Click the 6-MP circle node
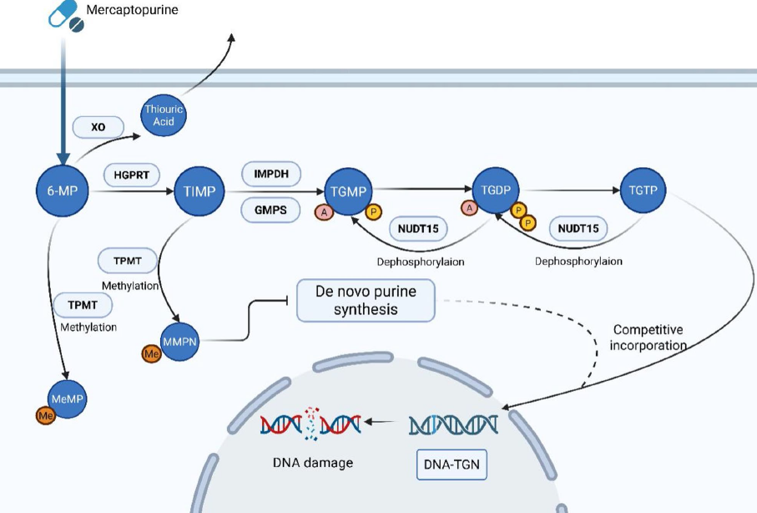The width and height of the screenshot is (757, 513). [x=63, y=190]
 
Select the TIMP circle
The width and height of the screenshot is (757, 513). [x=199, y=191]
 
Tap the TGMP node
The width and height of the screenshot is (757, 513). [x=348, y=191]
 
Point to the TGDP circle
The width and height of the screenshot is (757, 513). [x=495, y=190]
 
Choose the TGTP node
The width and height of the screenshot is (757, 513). [x=643, y=190]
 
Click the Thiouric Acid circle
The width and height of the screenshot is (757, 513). [x=164, y=115]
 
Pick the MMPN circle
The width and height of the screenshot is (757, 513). [x=179, y=342]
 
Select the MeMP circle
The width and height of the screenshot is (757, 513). [x=68, y=399]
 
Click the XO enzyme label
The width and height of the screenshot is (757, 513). [x=98, y=127]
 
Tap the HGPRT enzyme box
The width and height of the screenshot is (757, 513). [x=131, y=175]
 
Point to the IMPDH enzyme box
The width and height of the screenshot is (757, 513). [x=271, y=174]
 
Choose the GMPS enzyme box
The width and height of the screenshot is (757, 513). [x=270, y=210]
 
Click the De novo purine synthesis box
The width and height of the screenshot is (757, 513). [x=366, y=300]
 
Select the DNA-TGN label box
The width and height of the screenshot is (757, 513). [x=452, y=465]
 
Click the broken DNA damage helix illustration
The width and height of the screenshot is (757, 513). [x=310, y=424]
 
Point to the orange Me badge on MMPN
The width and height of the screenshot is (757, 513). [x=151, y=354]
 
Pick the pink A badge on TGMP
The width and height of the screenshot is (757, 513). [x=324, y=211]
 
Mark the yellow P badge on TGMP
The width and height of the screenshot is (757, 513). [x=373, y=211]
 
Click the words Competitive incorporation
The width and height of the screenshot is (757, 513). [x=648, y=338]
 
